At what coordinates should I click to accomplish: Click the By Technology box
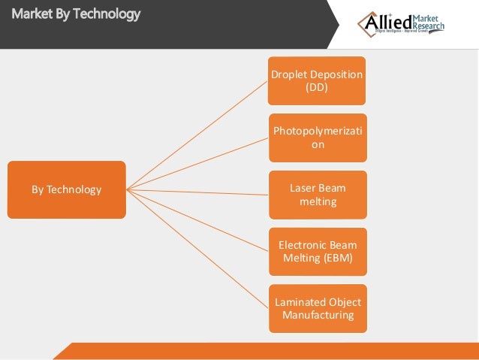[x=66, y=189]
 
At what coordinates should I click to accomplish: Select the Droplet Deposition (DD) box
[x=318, y=80]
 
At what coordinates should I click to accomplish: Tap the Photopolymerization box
[x=318, y=138]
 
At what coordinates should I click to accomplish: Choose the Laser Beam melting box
[x=318, y=195]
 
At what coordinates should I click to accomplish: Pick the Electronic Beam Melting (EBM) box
[x=318, y=252]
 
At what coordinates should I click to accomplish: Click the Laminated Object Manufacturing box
[x=318, y=308]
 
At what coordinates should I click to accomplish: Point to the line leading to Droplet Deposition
[x=197, y=135]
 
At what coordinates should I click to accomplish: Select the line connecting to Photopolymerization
[x=197, y=163]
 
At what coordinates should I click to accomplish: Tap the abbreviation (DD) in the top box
[x=318, y=87]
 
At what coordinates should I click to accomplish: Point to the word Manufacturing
[x=318, y=315]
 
